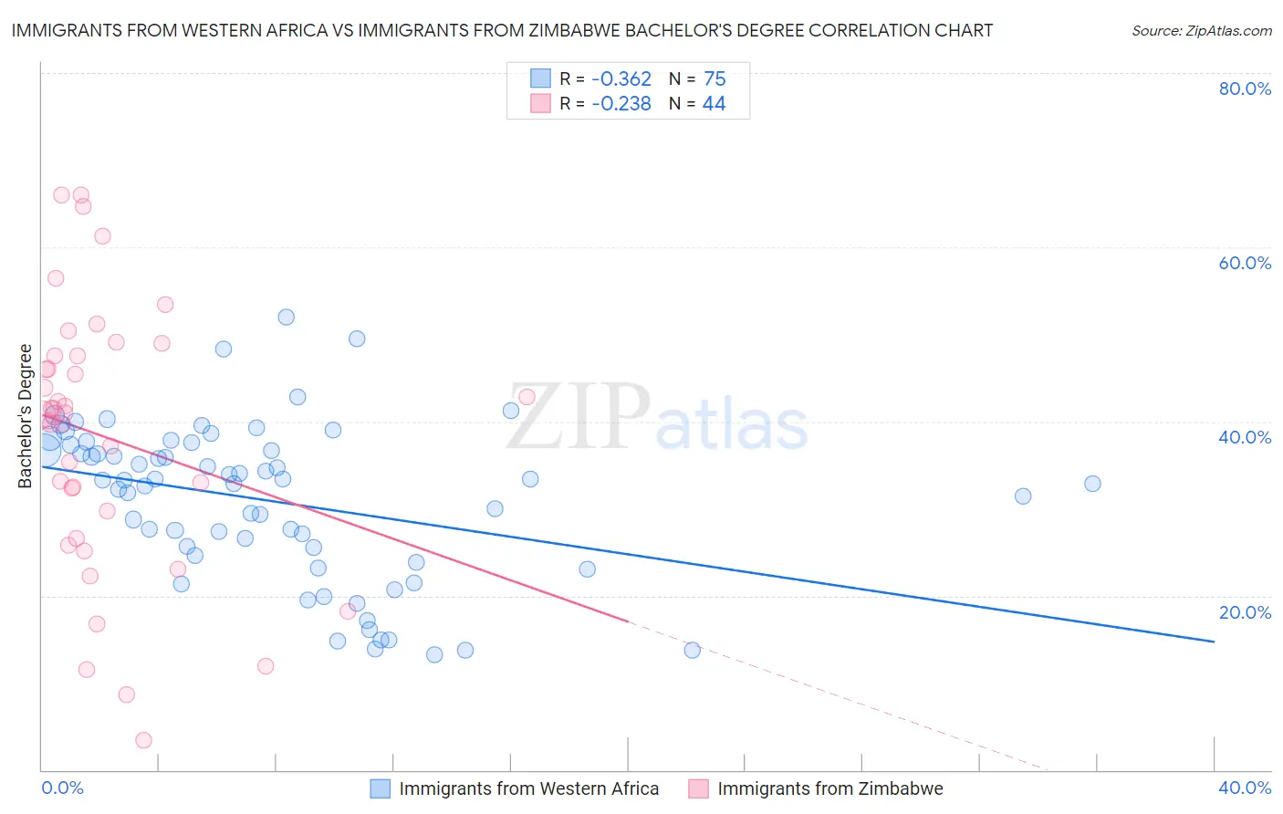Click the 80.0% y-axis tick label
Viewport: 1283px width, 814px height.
tap(1245, 89)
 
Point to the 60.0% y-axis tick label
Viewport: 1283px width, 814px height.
tap(1245, 263)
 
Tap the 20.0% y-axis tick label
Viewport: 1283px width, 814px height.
tap(1245, 612)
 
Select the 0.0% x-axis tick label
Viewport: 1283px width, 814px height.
tap(63, 788)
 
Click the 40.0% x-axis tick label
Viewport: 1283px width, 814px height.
tap(1245, 788)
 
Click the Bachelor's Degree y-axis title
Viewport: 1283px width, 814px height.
tap(26, 416)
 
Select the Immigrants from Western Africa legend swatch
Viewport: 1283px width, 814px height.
tap(380, 788)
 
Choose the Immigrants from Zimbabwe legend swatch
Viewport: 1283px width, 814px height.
tap(698, 788)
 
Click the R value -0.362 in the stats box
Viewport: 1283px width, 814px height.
tap(621, 78)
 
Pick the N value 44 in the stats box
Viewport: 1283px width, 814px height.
tap(714, 104)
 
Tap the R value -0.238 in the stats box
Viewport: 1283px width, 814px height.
tap(621, 104)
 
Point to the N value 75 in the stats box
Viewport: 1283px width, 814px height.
tap(715, 78)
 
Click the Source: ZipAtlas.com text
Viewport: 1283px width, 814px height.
tap(1201, 31)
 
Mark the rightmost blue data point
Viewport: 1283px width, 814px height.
tap(1092, 484)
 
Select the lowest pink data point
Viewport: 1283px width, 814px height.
tap(143, 740)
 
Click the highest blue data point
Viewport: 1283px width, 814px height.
tap(287, 318)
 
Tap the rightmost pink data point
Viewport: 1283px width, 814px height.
tap(527, 397)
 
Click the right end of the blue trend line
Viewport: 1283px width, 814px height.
tap(1214, 642)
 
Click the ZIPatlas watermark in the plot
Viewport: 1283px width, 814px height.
tap(657, 418)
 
